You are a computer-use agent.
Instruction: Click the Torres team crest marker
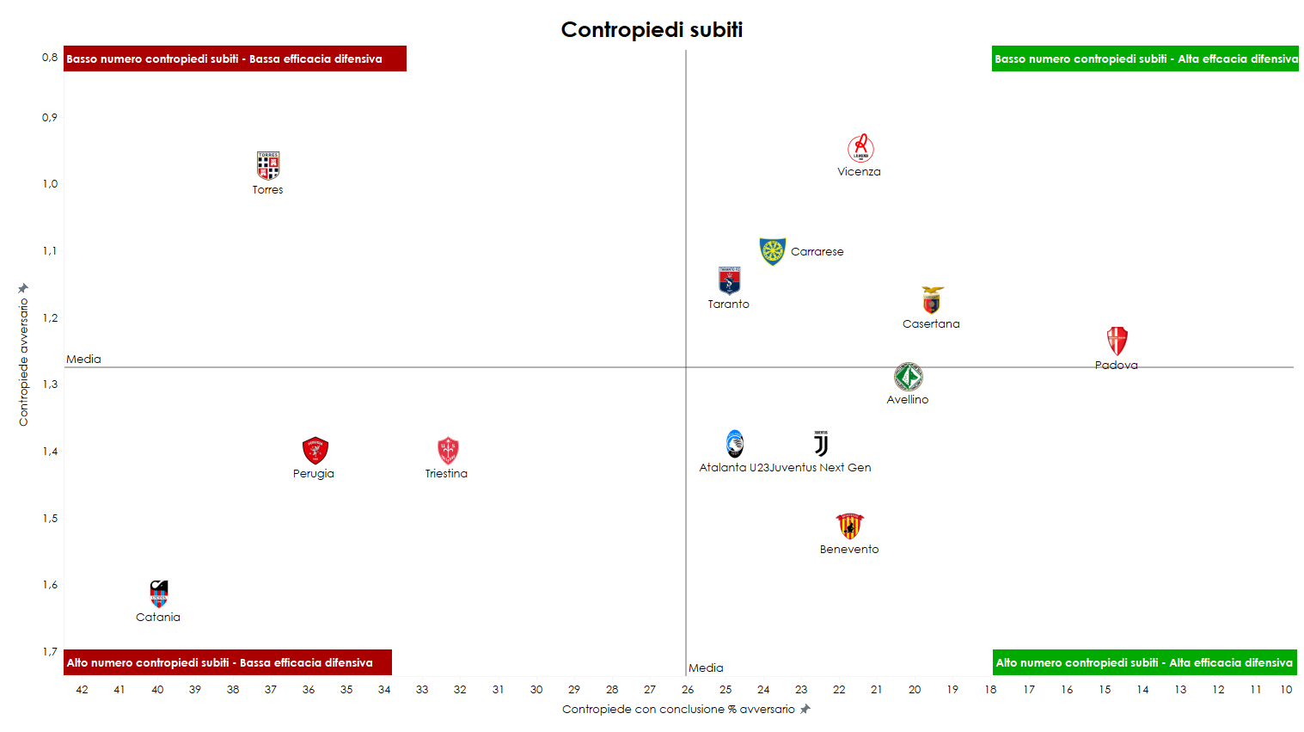(x=268, y=165)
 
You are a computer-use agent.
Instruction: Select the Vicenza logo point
(x=860, y=149)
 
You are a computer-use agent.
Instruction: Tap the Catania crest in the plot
(x=159, y=594)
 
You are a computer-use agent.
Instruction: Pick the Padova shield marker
(x=1117, y=341)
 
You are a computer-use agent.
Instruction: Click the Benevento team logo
(x=849, y=526)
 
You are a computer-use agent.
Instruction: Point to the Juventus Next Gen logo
(x=821, y=444)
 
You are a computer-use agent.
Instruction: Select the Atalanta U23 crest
(x=734, y=444)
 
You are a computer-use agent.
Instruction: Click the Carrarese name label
(x=817, y=252)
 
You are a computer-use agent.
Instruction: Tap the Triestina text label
(x=446, y=474)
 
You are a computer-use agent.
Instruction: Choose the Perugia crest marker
(x=315, y=450)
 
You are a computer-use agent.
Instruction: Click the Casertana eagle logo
(x=932, y=300)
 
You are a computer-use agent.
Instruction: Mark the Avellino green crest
(x=908, y=377)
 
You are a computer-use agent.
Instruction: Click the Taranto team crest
(x=729, y=280)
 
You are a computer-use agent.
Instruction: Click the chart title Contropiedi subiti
(x=652, y=30)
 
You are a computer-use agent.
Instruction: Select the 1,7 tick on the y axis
(x=50, y=652)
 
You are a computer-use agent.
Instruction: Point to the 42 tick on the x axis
(x=82, y=690)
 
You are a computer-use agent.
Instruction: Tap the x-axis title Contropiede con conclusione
(x=678, y=710)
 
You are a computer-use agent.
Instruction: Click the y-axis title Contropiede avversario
(x=23, y=361)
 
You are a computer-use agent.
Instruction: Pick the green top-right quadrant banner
(x=1144, y=59)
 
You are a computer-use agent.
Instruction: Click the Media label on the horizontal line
(x=83, y=360)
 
